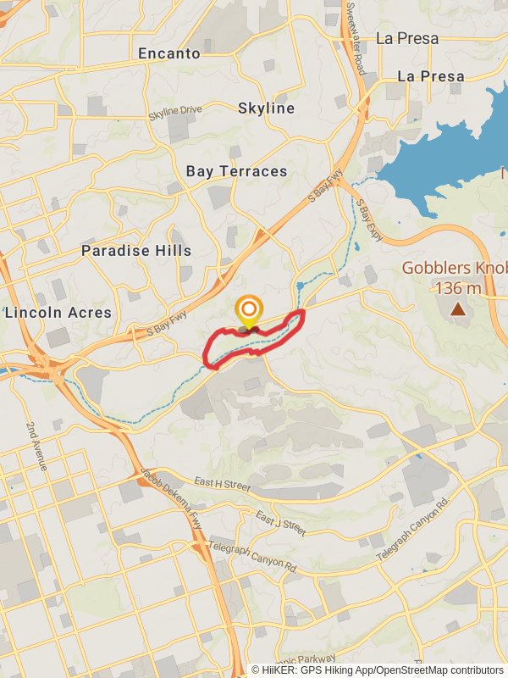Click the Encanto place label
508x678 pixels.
pyautogui.click(x=169, y=53)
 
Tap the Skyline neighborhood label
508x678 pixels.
pyautogui.click(x=266, y=108)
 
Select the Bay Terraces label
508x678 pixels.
pyautogui.click(x=237, y=171)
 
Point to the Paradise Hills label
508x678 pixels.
pyautogui.click(x=136, y=251)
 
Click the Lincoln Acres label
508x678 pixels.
pyautogui.click(x=58, y=313)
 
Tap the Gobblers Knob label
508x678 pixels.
pyautogui.click(x=454, y=269)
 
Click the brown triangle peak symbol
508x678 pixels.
pyautogui.click(x=458, y=309)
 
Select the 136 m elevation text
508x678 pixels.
pyautogui.click(x=457, y=288)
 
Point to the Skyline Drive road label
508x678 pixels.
pyautogui.click(x=175, y=111)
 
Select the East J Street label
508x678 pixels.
pyautogui.click(x=280, y=522)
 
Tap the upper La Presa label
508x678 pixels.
pyautogui.click(x=407, y=38)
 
